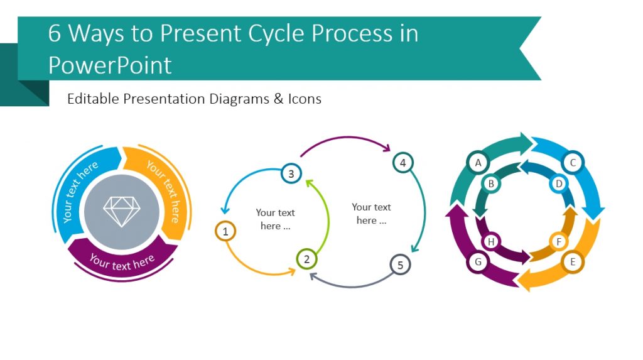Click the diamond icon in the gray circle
[x=122, y=212]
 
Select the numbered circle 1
[x=225, y=232]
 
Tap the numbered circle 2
[x=306, y=259]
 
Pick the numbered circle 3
[x=291, y=173]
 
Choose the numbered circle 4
[x=403, y=163]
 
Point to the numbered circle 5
[x=400, y=265]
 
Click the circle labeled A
[x=478, y=163]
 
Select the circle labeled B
[x=492, y=184]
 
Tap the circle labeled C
[x=573, y=163]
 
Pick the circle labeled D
[x=559, y=184]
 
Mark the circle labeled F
[x=559, y=241]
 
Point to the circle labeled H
[x=492, y=241]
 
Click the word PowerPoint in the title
[x=110, y=65]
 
